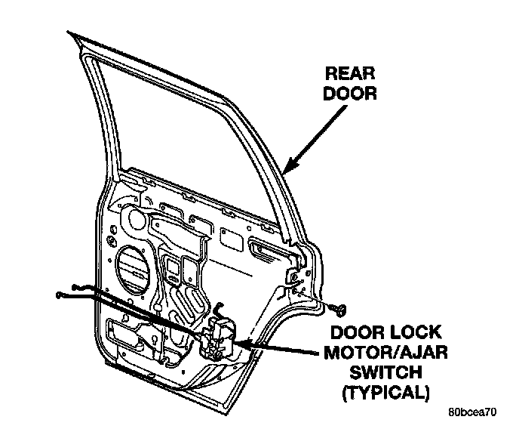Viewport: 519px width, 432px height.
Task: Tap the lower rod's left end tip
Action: pos(60,295)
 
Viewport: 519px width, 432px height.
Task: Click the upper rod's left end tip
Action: pos(77,286)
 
